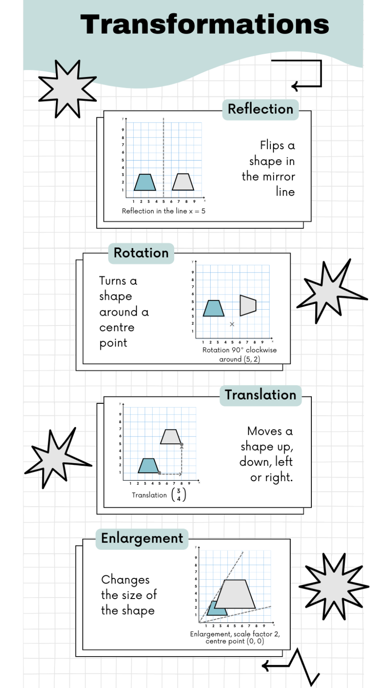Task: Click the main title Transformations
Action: [x=205, y=25]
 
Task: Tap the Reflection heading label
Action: [x=261, y=109]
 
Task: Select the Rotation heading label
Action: [x=141, y=253]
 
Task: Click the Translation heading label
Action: [x=261, y=395]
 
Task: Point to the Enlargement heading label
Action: [x=142, y=539]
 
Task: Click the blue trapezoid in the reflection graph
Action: [x=144, y=182]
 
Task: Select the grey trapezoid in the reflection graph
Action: [x=183, y=182]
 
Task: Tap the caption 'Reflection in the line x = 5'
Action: [x=163, y=211]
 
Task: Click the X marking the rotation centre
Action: [x=232, y=324]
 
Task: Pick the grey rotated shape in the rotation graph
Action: [x=248, y=306]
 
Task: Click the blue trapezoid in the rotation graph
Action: [x=213, y=308]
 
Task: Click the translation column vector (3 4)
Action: [x=178, y=494]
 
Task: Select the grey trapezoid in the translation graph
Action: [x=171, y=437]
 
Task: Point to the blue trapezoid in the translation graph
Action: [x=148, y=466]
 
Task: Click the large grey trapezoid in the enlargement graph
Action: [x=235, y=594]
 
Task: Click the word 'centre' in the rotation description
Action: [x=117, y=327]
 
